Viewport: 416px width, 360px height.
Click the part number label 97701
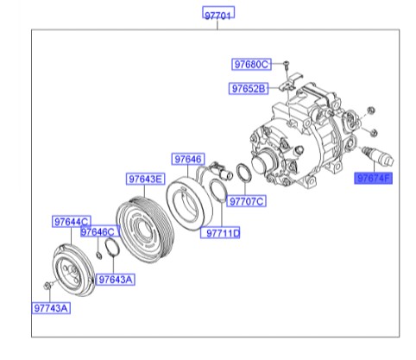click(218, 15)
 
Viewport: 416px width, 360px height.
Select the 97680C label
click(251, 65)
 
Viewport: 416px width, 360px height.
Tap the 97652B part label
click(249, 88)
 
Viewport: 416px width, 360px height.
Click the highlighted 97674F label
click(374, 180)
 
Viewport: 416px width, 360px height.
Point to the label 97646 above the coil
click(187, 160)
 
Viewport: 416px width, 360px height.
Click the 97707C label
click(247, 201)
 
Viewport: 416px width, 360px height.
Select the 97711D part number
click(223, 233)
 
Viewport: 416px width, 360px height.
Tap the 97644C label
click(71, 222)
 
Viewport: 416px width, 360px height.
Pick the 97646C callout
click(98, 232)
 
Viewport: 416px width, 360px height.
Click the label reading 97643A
click(115, 279)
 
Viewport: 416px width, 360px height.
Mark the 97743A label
click(53, 306)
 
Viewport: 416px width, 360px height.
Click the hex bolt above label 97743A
click(47, 284)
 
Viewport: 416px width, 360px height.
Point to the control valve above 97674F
click(373, 155)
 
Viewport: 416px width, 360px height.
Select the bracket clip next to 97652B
click(291, 85)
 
